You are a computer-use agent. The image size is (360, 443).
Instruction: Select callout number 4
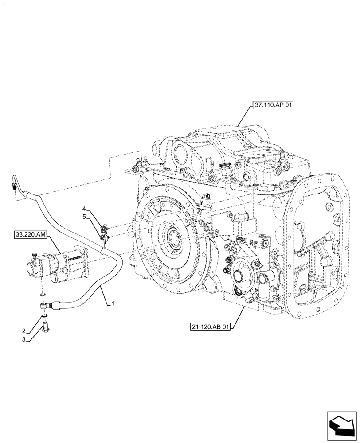pos(84,208)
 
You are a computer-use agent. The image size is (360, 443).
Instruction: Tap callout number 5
pos(84,217)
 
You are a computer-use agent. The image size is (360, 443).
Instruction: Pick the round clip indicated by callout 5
pos(104,239)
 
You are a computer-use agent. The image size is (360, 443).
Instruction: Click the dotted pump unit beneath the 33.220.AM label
pos(58,266)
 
